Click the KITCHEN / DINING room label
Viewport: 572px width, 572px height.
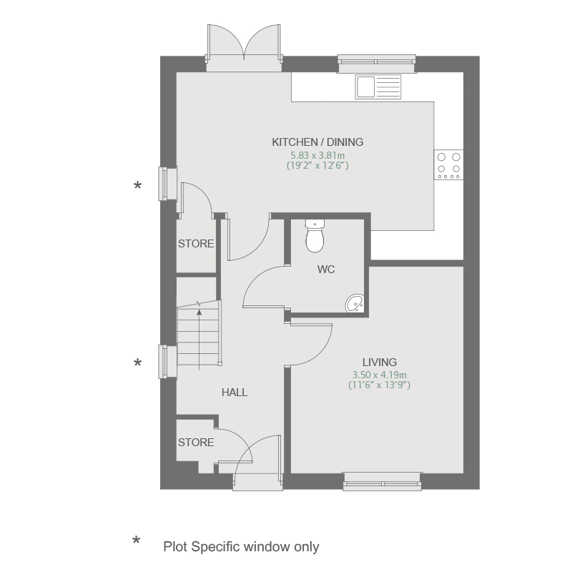coord(317,142)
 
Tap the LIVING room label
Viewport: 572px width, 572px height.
coord(380,363)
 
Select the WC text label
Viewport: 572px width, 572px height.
coord(326,270)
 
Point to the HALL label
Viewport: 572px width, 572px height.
coord(235,393)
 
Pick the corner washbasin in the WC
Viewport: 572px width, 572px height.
coord(355,303)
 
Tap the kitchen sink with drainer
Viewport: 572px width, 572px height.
coord(378,87)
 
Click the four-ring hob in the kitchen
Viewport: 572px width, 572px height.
coord(449,164)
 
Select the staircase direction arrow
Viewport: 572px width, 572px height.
coord(199,339)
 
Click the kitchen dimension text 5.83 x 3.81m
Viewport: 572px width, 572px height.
coord(317,155)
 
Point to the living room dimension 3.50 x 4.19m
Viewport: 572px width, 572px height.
coord(380,375)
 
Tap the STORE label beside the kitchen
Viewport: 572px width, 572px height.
coord(196,244)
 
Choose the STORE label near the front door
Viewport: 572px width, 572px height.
coord(196,443)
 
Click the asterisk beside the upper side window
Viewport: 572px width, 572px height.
coord(137,186)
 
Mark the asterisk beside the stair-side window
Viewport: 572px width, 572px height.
coord(137,363)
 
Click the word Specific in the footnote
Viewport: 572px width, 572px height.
coord(216,547)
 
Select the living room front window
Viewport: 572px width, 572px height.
coord(383,481)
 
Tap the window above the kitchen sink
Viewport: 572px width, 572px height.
coord(377,64)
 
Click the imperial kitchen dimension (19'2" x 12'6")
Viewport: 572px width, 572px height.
coord(317,166)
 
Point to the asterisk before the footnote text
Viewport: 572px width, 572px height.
coord(136,541)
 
